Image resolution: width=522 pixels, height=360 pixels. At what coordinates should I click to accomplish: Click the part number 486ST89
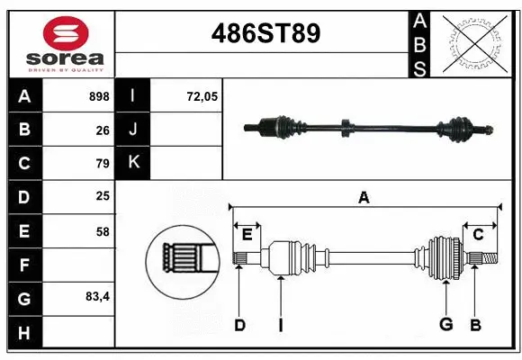[x=265, y=34]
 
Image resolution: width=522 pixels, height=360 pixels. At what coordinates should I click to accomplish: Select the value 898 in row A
[x=99, y=96]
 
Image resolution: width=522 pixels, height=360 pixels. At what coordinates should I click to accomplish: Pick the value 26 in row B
[x=103, y=130]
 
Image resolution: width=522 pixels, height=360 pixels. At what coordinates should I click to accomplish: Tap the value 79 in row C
[x=103, y=164]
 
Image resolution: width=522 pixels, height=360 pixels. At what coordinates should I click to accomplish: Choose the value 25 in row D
[x=103, y=196]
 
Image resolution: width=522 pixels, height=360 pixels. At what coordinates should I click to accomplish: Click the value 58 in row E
[x=103, y=231]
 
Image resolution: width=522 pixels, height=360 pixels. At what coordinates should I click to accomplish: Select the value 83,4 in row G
[x=97, y=296]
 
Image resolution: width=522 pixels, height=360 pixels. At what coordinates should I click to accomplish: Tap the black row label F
[x=24, y=265]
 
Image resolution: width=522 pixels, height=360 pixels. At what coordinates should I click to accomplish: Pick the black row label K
[x=133, y=163]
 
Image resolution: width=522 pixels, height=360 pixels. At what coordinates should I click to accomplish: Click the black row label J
[x=133, y=130]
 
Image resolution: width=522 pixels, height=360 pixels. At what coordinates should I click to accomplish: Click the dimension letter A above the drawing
[x=364, y=197]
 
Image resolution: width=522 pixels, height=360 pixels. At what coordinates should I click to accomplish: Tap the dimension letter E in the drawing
[x=247, y=236]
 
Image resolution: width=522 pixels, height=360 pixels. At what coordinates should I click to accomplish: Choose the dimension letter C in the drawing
[x=479, y=235]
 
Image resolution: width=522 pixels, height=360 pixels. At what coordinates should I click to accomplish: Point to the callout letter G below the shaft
[x=445, y=324]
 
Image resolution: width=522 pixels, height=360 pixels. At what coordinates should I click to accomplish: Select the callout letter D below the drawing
[x=239, y=324]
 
